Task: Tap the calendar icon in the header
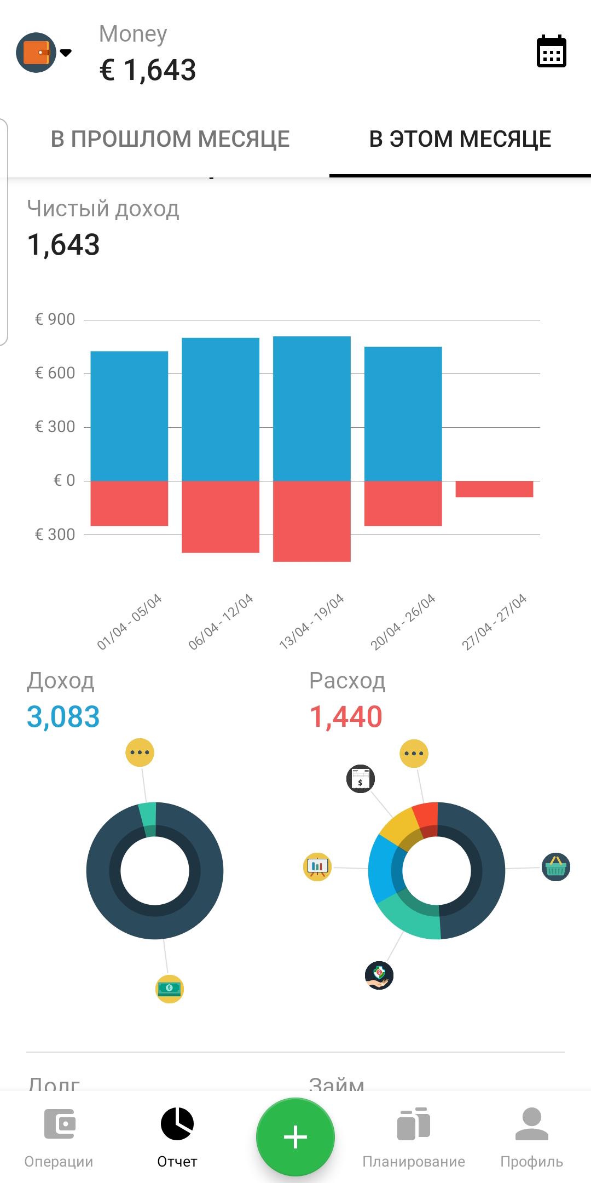coord(551,51)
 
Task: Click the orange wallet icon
coord(36,53)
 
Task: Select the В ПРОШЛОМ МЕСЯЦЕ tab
coord(170,139)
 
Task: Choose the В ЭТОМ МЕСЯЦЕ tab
coord(460,139)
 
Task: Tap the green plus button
coord(296,1137)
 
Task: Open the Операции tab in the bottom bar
coord(59,1137)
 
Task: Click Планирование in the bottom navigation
coord(414,1137)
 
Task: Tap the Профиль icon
coord(531,1137)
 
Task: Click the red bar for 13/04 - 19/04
coord(312,521)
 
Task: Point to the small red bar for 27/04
coord(494,489)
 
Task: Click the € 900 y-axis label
coord(55,319)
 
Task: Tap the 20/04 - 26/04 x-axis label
coord(403,622)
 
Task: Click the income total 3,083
coord(63,716)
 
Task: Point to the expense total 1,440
coord(346,716)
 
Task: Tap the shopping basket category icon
coord(555,867)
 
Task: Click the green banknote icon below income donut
coord(170,989)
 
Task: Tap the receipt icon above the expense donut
coord(361,778)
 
